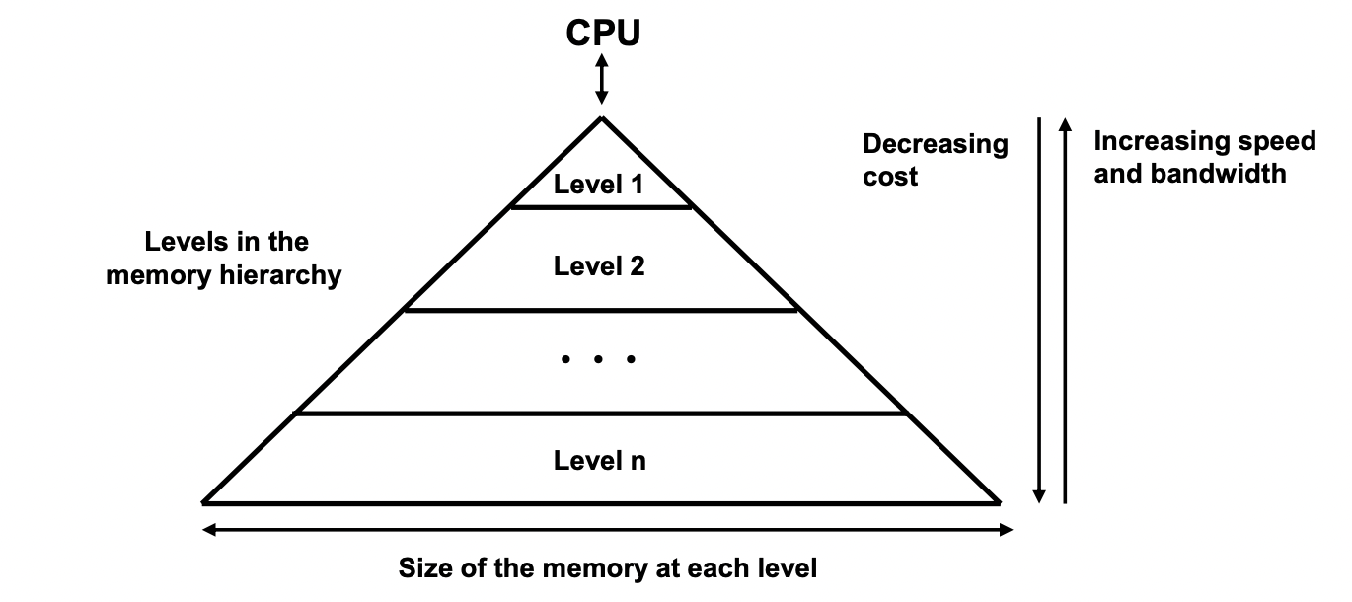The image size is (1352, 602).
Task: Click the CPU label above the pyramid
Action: (x=602, y=33)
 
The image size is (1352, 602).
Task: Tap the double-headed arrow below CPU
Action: (x=602, y=79)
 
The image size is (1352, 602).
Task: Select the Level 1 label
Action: (x=599, y=184)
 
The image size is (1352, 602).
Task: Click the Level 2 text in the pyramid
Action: (x=599, y=265)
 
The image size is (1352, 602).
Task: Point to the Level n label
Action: (x=599, y=460)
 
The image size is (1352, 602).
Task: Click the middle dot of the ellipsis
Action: (x=599, y=360)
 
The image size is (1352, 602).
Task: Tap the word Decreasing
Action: (x=936, y=145)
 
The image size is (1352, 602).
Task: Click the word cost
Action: (x=890, y=177)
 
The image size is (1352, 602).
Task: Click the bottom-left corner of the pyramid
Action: (x=204, y=501)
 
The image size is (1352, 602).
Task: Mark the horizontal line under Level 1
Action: (x=600, y=207)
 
